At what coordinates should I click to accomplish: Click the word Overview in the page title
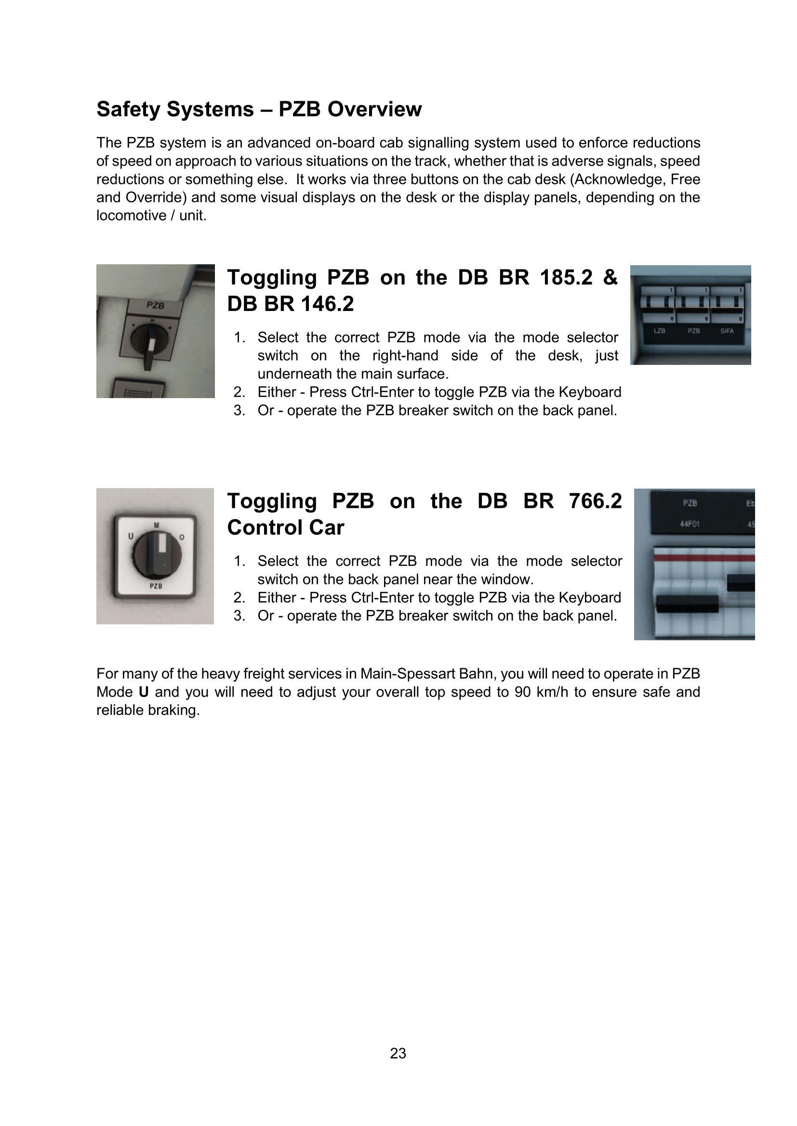point(374,109)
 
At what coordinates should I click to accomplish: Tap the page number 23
point(398,1053)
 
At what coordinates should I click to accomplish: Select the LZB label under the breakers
point(660,331)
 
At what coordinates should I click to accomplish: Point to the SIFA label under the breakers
point(727,331)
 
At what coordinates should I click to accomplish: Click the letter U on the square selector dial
point(131,536)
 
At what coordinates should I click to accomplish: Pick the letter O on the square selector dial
point(182,538)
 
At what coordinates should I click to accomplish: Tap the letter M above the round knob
point(157,525)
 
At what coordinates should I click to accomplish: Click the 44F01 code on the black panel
point(690,524)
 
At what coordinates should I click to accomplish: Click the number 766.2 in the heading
point(595,501)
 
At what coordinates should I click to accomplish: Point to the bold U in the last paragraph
point(143,692)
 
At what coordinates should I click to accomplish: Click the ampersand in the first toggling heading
point(610,278)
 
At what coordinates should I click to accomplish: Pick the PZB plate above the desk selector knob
point(156,306)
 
